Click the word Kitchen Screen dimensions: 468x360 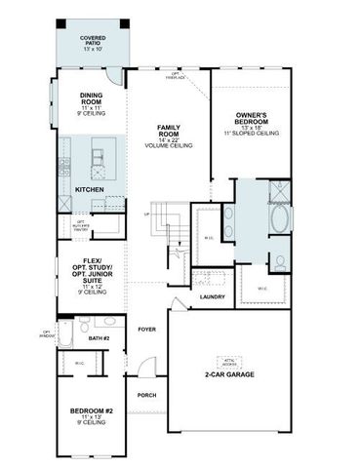tap(89, 189)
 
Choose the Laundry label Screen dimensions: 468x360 tap(212, 296)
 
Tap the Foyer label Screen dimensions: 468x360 tap(147, 330)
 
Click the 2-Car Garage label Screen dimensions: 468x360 tap(231, 373)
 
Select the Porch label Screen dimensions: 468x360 tap(147, 395)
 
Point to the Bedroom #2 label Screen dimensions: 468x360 tap(93, 416)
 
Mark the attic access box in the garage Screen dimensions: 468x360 tap(231, 359)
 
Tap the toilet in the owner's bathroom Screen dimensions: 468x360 tap(278, 261)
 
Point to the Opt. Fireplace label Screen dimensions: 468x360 tap(176, 74)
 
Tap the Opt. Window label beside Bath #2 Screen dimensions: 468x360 tap(46, 335)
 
